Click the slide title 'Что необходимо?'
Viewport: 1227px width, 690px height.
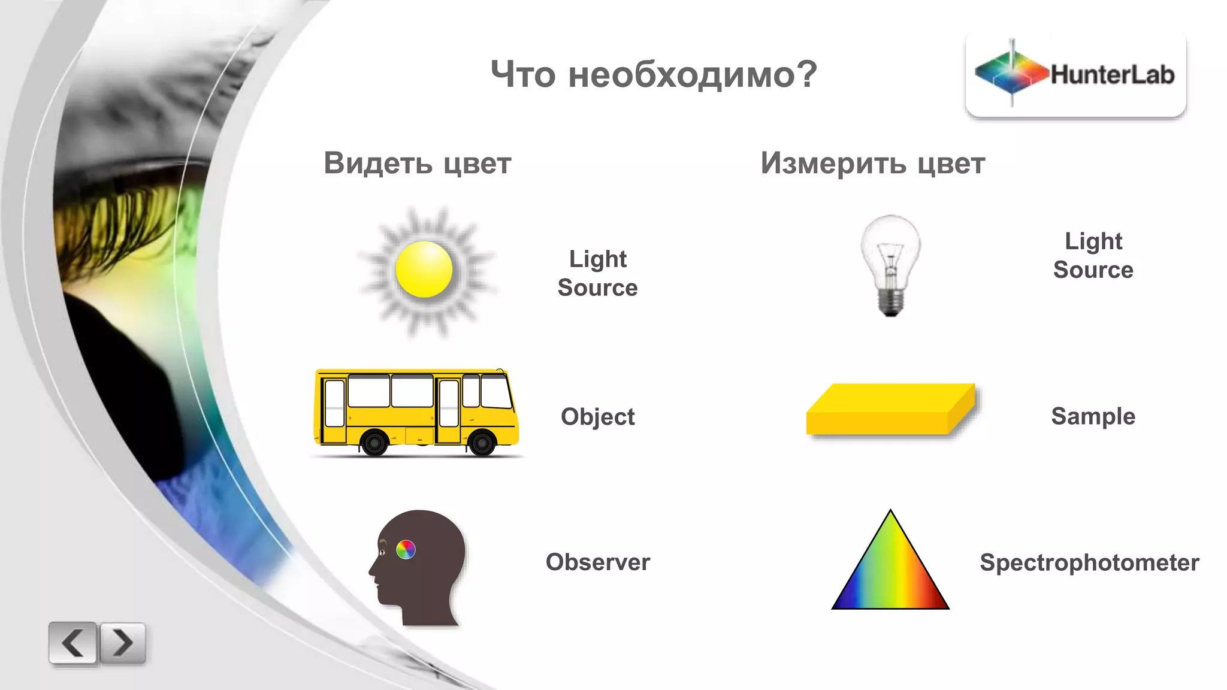[654, 75]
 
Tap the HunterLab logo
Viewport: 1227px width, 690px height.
[1075, 75]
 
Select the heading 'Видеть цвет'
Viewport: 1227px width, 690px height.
[418, 164]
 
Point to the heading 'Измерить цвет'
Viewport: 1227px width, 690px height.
[872, 164]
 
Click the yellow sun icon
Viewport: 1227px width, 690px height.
[424, 270]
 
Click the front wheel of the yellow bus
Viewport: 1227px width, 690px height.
[482, 443]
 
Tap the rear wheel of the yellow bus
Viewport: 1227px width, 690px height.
[375, 443]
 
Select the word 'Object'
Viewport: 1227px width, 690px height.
[597, 417]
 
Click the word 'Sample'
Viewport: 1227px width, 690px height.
[1093, 416]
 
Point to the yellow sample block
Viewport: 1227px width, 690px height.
[890, 410]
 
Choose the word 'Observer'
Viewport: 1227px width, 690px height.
[597, 562]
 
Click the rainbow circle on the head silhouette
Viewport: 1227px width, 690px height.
[406, 549]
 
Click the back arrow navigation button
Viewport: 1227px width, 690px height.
[72, 643]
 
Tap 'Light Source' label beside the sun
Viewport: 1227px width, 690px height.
[597, 273]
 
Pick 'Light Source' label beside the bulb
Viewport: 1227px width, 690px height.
[1093, 255]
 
